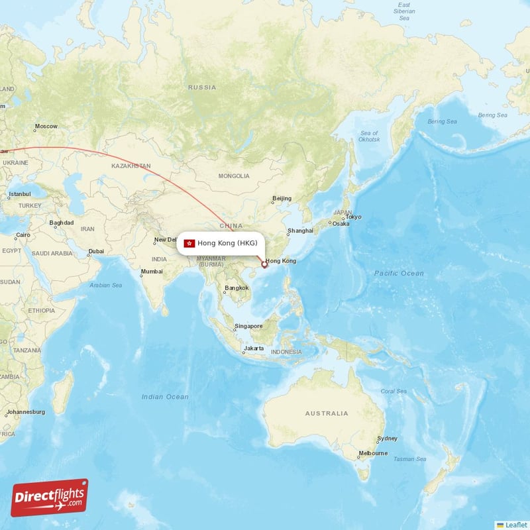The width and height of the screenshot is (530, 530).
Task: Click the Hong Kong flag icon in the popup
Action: click(x=189, y=243)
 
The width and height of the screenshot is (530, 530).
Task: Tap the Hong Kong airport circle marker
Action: click(x=264, y=265)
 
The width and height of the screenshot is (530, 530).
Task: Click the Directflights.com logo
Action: click(x=50, y=498)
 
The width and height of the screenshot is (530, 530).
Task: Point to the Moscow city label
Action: click(x=46, y=126)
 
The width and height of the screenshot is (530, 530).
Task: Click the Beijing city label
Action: click(x=282, y=198)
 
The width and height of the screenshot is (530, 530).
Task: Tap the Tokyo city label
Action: click(x=353, y=217)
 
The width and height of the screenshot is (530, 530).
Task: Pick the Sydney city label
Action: click(x=387, y=439)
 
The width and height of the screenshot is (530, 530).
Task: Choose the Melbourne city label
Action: click(x=373, y=454)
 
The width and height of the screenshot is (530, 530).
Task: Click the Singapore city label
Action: click(x=248, y=326)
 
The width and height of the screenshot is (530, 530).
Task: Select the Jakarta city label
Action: click(x=254, y=348)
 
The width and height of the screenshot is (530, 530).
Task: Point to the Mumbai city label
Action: click(x=151, y=272)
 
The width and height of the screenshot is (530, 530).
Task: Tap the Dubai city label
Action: click(x=96, y=251)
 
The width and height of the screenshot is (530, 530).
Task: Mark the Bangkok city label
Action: click(x=237, y=288)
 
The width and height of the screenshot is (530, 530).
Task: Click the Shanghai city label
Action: click(x=300, y=231)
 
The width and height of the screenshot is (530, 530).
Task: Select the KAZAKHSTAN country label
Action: click(x=131, y=166)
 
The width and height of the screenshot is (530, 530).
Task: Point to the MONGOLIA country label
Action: click(x=234, y=176)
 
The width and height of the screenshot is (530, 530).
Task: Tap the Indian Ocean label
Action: click(x=165, y=397)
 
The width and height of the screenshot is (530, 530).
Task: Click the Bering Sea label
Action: click(x=442, y=121)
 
